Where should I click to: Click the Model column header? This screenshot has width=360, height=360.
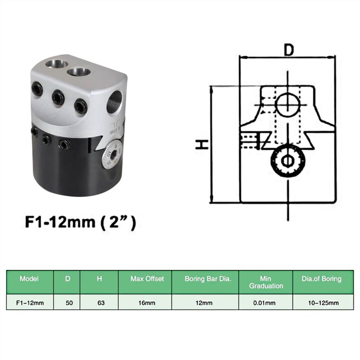click(30, 279)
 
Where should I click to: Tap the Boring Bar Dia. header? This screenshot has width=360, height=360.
click(205, 279)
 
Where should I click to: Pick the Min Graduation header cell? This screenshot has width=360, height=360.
click(266, 282)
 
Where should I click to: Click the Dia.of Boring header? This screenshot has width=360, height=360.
click(321, 279)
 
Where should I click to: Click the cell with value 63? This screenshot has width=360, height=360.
click(101, 303)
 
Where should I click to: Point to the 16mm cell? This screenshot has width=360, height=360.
click(147, 303)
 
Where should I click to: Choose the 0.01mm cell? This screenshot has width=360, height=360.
click(266, 303)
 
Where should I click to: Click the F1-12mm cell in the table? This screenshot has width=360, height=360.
click(30, 303)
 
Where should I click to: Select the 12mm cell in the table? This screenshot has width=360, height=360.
click(206, 303)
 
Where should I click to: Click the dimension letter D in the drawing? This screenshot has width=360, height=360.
click(288, 50)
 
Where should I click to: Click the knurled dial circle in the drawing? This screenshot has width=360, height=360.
click(288, 161)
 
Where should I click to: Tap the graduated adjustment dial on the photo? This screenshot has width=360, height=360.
click(112, 155)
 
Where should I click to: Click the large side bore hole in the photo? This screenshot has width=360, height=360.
click(115, 102)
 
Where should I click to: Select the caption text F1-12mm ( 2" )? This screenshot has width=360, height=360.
click(81, 222)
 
